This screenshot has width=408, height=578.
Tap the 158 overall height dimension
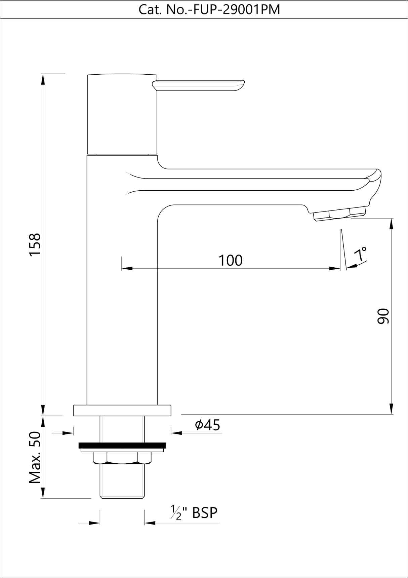pyautogui.click(x=35, y=244)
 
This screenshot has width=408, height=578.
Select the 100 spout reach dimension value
pyautogui.click(x=231, y=261)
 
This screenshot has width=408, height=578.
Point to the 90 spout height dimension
pyautogui.click(x=382, y=316)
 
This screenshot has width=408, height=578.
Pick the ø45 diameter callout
pyautogui.click(x=207, y=425)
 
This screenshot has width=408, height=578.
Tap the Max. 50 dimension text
pyautogui.click(x=35, y=458)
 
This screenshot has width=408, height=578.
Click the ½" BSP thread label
pyautogui.click(x=194, y=513)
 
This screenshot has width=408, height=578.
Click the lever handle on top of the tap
pyautogui.click(x=198, y=85)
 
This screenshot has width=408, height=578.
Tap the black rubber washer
pyautogui.click(x=122, y=446)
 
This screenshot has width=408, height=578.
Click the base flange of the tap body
pyautogui.click(x=122, y=410)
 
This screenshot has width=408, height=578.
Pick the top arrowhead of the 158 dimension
pyautogui.click(x=43, y=79)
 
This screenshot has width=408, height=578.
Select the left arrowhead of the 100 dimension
pyautogui.click(x=127, y=268)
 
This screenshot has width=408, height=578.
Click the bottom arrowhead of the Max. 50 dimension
pyautogui.click(x=43, y=493)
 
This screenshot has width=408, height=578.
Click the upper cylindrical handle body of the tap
pyautogui.click(x=122, y=114)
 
